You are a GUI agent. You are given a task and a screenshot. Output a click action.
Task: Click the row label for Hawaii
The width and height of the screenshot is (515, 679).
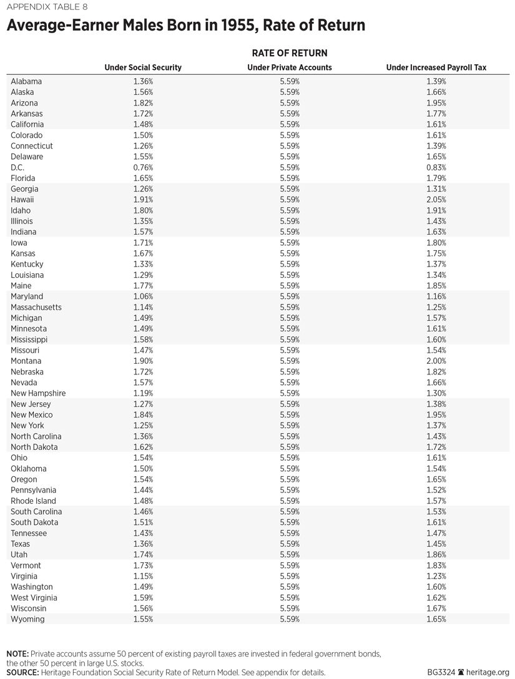pos(22,200)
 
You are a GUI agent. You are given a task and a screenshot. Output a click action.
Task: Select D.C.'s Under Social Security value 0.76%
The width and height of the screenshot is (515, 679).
pos(143,167)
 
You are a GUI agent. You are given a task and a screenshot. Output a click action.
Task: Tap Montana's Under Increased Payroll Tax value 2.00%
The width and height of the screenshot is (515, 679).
pos(436,361)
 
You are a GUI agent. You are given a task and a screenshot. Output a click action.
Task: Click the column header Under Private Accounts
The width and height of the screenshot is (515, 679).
pos(290,67)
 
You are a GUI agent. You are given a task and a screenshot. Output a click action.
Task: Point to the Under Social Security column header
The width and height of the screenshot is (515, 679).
pos(143,67)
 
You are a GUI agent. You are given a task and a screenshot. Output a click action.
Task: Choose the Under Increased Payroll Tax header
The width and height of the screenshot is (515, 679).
pos(436,67)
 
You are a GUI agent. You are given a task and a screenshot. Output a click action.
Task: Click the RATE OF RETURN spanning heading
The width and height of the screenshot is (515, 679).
pos(290,53)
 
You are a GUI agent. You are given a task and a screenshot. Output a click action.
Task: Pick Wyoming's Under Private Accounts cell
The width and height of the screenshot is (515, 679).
pos(290,619)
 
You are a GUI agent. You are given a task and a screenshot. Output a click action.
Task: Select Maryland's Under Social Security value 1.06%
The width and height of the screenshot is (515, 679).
pos(143,296)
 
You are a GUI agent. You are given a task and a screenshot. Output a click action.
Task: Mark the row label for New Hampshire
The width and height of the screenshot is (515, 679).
pos(38,393)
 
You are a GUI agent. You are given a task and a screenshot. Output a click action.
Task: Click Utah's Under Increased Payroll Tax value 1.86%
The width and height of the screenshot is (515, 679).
pos(436,554)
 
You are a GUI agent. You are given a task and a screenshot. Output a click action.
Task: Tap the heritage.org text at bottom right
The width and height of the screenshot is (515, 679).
pos(488,672)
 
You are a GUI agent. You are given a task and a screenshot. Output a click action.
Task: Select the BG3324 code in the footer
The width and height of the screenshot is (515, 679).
pos(442,672)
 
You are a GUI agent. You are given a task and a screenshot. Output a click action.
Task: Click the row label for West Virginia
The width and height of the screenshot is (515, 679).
pos(33,597)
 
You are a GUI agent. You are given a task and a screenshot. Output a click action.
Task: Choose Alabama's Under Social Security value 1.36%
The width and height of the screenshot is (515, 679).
pos(143,81)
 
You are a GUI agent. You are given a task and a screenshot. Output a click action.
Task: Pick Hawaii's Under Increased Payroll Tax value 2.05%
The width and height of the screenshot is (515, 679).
pos(436,200)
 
